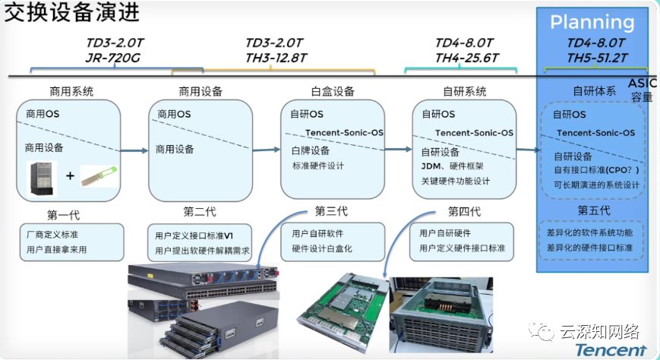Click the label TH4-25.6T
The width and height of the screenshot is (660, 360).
(x=466, y=57)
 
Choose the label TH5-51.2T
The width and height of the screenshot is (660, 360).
(x=596, y=57)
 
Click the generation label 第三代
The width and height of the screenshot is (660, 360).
(x=331, y=211)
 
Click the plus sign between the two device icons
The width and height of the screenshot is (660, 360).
(x=69, y=176)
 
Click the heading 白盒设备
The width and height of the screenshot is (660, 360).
(x=333, y=91)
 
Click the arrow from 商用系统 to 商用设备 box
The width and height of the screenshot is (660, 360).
(x=134, y=150)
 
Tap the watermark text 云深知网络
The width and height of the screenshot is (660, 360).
(x=600, y=331)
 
